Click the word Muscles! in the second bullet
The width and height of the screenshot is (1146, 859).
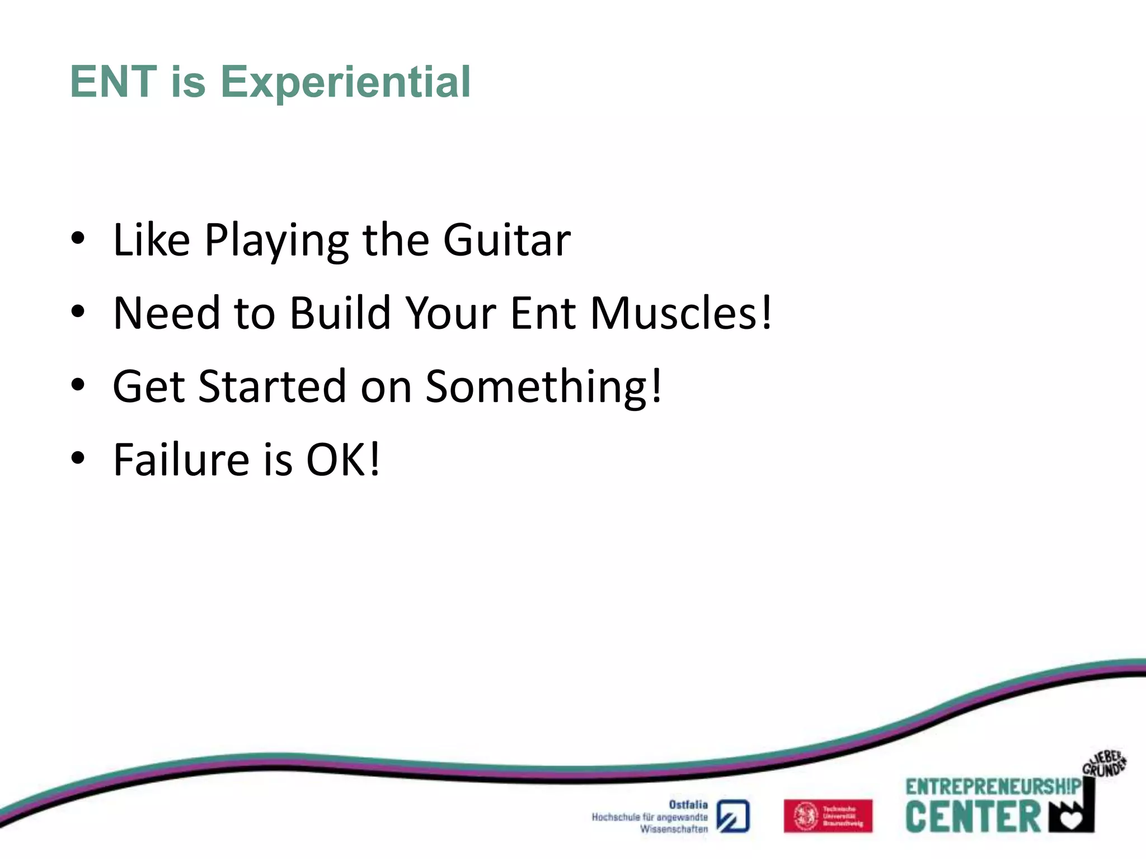[x=681, y=313]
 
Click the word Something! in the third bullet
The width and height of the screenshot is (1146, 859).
[x=544, y=387]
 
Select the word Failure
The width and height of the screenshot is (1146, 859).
[x=181, y=460]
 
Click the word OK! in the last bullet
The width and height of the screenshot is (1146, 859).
[x=343, y=460]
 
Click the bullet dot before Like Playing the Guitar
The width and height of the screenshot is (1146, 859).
[x=78, y=239]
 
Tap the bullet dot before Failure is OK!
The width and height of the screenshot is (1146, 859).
[x=78, y=458]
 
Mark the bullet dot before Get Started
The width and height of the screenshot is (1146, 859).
[x=78, y=385]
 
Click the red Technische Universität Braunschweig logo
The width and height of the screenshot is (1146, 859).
[x=828, y=816]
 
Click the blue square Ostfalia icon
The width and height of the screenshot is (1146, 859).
[x=733, y=816]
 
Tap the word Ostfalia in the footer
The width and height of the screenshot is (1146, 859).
[x=688, y=805]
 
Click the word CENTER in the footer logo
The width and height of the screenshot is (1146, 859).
[x=973, y=817]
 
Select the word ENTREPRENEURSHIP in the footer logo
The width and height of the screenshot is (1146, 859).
[x=993, y=787]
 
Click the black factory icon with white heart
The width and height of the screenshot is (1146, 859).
[x=1072, y=814]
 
